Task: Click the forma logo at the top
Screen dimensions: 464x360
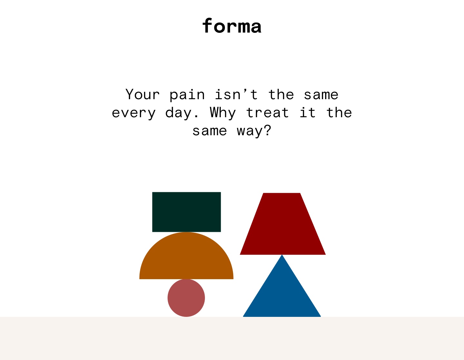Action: [x=232, y=26]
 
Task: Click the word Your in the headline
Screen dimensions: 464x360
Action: [x=142, y=95]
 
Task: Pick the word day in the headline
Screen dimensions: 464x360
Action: [x=182, y=113]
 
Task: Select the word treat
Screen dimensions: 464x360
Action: [x=267, y=113]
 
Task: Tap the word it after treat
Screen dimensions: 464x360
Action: [x=307, y=112]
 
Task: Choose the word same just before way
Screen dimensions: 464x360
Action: [x=210, y=131]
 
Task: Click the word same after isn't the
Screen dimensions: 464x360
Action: [x=321, y=95]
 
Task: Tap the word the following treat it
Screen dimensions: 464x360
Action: [x=339, y=112]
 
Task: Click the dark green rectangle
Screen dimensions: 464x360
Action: [x=187, y=212]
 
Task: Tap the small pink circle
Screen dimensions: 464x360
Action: [x=186, y=298]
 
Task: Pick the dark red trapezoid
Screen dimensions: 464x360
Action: [x=283, y=224]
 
